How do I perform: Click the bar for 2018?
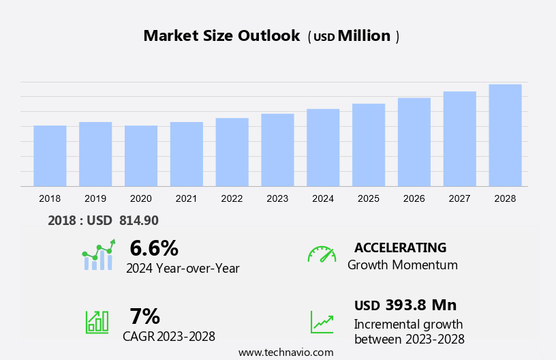[50, 155]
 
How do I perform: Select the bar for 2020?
[141, 155]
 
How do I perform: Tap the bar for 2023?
[277, 150]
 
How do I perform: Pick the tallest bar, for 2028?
[505, 135]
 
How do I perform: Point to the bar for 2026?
[414, 142]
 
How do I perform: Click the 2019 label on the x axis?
[95, 198]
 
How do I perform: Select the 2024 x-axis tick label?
[323, 198]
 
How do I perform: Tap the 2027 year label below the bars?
[459, 198]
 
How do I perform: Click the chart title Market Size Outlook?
[221, 36]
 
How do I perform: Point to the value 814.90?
[138, 220]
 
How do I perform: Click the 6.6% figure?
[154, 248]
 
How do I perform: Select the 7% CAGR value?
[144, 316]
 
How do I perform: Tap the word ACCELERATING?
[400, 247]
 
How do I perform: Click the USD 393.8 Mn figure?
[405, 305]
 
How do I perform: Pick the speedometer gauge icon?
[322, 254]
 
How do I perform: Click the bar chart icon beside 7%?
[97, 321]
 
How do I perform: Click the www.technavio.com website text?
[285, 352]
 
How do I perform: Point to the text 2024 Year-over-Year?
[183, 269]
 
